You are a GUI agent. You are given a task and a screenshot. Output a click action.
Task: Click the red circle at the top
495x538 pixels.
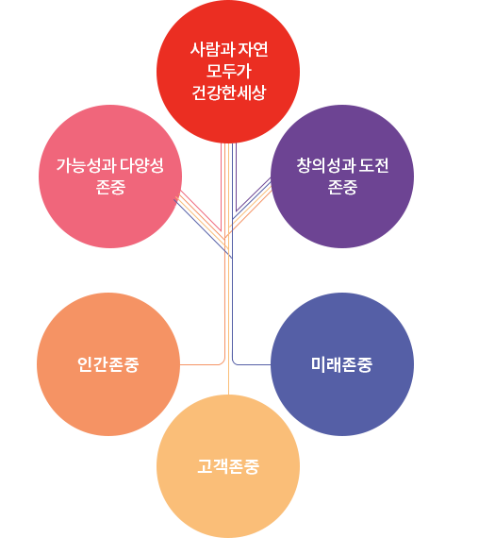(228, 72)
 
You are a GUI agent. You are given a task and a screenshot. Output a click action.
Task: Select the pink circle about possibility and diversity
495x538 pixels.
(110, 177)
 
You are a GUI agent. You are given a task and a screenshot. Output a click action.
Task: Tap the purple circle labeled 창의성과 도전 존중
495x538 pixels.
(342, 177)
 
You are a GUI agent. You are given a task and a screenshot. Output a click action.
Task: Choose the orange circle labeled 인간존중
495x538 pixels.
(108, 364)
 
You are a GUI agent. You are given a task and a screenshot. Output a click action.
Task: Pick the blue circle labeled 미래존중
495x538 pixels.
(342, 364)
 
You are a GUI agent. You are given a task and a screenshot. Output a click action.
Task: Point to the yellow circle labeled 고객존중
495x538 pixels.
(228, 466)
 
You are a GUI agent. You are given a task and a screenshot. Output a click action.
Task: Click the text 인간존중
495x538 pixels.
(108, 364)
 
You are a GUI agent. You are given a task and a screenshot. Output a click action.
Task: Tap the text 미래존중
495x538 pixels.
(341, 364)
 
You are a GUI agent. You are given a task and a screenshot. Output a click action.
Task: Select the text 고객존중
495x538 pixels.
(228, 466)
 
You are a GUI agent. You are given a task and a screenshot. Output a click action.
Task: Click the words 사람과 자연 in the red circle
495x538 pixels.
(229, 49)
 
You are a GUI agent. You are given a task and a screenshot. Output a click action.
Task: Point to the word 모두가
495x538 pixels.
(229, 71)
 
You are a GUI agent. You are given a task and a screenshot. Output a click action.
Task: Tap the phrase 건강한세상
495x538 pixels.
(229, 92)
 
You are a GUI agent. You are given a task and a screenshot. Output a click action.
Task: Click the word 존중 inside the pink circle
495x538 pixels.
(110, 187)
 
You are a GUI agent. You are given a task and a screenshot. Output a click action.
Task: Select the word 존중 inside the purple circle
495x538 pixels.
(342, 187)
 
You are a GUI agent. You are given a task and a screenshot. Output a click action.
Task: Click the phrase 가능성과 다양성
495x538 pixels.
(110, 166)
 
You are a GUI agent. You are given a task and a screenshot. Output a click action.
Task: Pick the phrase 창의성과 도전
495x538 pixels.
(342, 166)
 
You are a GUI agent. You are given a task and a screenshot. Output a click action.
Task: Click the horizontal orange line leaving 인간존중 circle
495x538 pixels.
(201, 364)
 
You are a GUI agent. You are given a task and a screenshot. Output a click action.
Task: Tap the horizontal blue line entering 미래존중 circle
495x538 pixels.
(253, 364)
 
